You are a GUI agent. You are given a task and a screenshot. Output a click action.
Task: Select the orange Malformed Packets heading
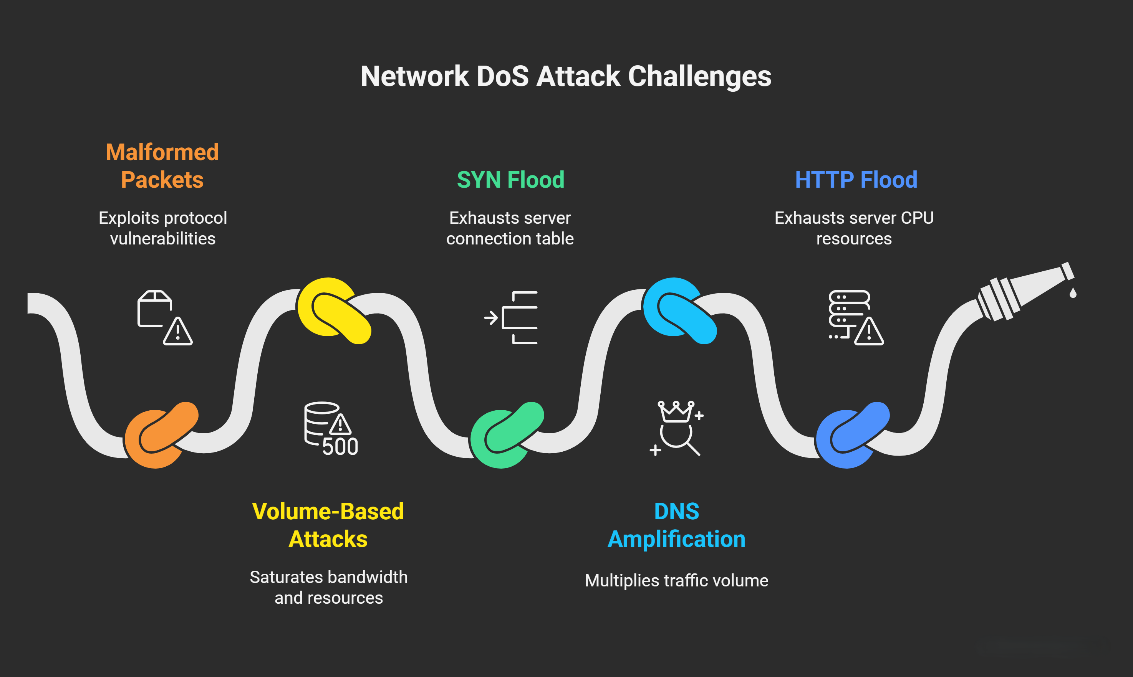(162, 165)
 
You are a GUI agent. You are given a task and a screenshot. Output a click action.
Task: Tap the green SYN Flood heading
(510, 179)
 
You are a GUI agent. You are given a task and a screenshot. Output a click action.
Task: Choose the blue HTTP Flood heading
(856, 179)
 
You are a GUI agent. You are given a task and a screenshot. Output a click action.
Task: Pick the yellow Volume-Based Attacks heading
(328, 525)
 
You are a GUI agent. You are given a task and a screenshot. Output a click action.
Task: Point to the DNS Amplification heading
(676, 525)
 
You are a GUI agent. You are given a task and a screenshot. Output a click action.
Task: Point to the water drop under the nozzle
(1073, 293)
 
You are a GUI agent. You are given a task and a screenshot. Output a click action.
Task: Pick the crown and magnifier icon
(676, 428)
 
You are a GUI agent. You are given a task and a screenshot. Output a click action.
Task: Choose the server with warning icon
(855, 317)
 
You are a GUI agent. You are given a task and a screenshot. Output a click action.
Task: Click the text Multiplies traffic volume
(676, 581)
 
